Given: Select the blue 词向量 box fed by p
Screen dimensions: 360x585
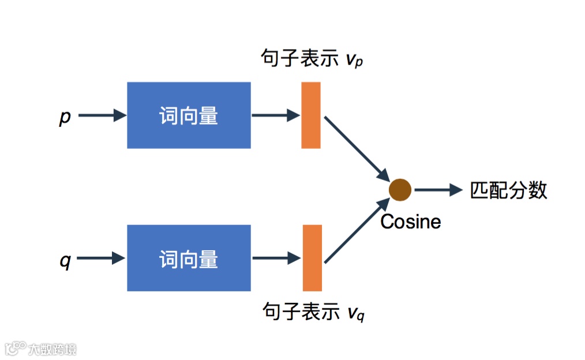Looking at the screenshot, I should (189, 115).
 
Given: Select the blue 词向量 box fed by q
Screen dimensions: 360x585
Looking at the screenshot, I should (189, 258).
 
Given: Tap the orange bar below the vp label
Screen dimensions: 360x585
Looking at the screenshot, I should (311, 115).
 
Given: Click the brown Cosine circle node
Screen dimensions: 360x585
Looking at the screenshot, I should (400, 189).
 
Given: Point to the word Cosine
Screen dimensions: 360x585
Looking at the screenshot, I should (411, 222).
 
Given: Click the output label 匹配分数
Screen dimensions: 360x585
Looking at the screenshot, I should (508, 190).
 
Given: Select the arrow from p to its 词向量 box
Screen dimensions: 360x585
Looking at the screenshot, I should (102, 115).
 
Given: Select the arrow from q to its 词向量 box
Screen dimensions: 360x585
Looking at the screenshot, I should (102, 258).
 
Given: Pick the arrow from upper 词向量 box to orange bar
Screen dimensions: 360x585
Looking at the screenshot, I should (276, 115).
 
